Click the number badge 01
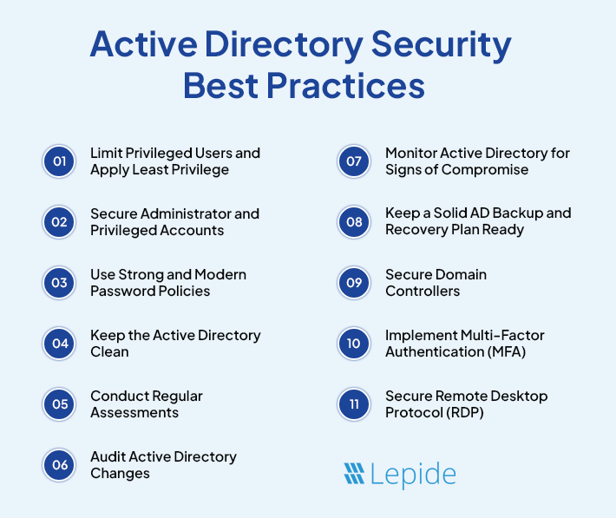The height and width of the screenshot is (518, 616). (x=59, y=161)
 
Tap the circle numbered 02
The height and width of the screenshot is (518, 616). (x=59, y=222)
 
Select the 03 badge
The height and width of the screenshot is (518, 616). (x=59, y=283)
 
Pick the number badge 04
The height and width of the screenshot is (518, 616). (x=59, y=344)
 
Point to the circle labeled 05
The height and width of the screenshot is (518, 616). (x=59, y=404)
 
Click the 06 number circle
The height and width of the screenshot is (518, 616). (x=59, y=465)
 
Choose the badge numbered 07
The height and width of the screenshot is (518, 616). (x=354, y=161)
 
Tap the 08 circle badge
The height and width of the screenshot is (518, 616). (x=354, y=222)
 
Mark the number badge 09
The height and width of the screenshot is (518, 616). (x=354, y=283)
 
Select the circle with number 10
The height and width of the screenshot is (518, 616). (x=354, y=344)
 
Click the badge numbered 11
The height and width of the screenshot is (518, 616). (x=354, y=404)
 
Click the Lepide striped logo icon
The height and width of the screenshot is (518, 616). (x=353, y=473)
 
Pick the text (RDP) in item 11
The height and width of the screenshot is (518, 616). (x=466, y=412)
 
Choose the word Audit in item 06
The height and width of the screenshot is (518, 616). (x=108, y=456)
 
